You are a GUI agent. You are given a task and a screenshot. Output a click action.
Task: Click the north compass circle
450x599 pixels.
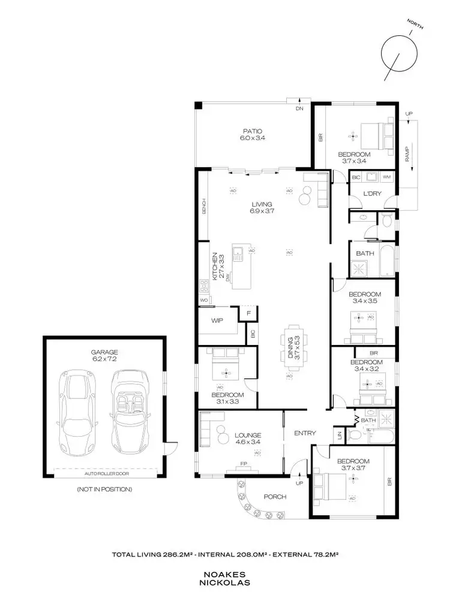398,54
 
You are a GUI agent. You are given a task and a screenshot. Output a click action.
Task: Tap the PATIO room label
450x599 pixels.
253,134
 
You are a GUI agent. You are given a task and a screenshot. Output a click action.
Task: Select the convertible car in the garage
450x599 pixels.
128,413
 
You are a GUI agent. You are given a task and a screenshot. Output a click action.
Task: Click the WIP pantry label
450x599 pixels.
217,320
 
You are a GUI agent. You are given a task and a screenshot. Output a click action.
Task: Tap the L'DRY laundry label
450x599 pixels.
373,193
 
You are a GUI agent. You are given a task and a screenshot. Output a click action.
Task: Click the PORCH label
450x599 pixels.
275,497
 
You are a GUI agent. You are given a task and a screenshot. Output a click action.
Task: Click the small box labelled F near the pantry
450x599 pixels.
248,313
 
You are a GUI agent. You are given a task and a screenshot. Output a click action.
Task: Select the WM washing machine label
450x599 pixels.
386,177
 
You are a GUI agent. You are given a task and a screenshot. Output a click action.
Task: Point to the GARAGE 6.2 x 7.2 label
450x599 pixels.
104,356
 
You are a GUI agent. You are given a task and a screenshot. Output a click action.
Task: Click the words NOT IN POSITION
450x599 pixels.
104,489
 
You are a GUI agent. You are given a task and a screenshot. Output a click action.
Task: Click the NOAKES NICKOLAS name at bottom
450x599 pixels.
226,577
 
